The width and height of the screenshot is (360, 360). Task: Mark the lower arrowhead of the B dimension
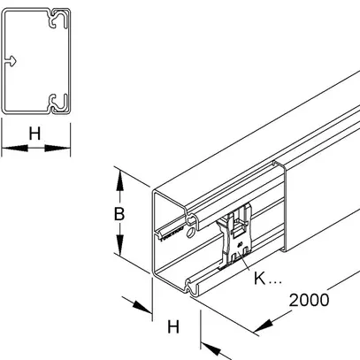(119, 251)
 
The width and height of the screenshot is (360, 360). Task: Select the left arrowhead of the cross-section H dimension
(7, 149)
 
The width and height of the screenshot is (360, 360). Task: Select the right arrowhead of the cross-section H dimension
(65, 149)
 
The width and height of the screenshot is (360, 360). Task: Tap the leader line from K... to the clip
(243, 265)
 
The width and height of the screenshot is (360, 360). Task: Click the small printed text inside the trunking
(168, 235)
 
